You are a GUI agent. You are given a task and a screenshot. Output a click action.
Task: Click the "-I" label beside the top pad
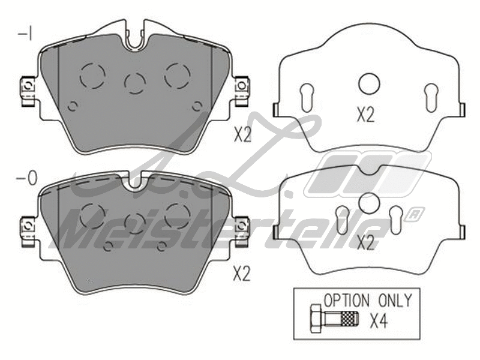click(x=25, y=34)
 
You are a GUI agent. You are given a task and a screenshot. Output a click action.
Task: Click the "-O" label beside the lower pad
click(x=28, y=178)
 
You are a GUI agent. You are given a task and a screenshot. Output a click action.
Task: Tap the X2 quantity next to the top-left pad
click(x=242, y=135)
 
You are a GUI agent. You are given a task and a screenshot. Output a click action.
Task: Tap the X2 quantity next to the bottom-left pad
click(x=241, y=274)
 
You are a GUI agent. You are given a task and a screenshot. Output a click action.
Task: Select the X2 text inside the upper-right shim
click(x=365, y=115)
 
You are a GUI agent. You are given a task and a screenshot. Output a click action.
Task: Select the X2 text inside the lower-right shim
click(x=365, y=243)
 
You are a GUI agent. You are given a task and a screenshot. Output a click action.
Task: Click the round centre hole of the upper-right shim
click(x=368, y=83)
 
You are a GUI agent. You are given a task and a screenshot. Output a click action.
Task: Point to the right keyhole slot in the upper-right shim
click(x=431, y=97)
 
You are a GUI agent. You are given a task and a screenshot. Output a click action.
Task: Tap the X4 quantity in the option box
click(x=378, y=322)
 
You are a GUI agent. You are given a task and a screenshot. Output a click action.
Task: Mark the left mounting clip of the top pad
click(x=27, y=91)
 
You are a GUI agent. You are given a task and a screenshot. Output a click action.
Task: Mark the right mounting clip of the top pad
click(x=242, y=91)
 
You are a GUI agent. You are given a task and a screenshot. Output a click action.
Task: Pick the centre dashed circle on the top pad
click(x=134, y=82)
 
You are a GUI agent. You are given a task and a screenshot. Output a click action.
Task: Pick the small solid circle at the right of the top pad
click(x=197, y=106)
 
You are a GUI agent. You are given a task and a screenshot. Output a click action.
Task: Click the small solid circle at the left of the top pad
click(x=73, y=106)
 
